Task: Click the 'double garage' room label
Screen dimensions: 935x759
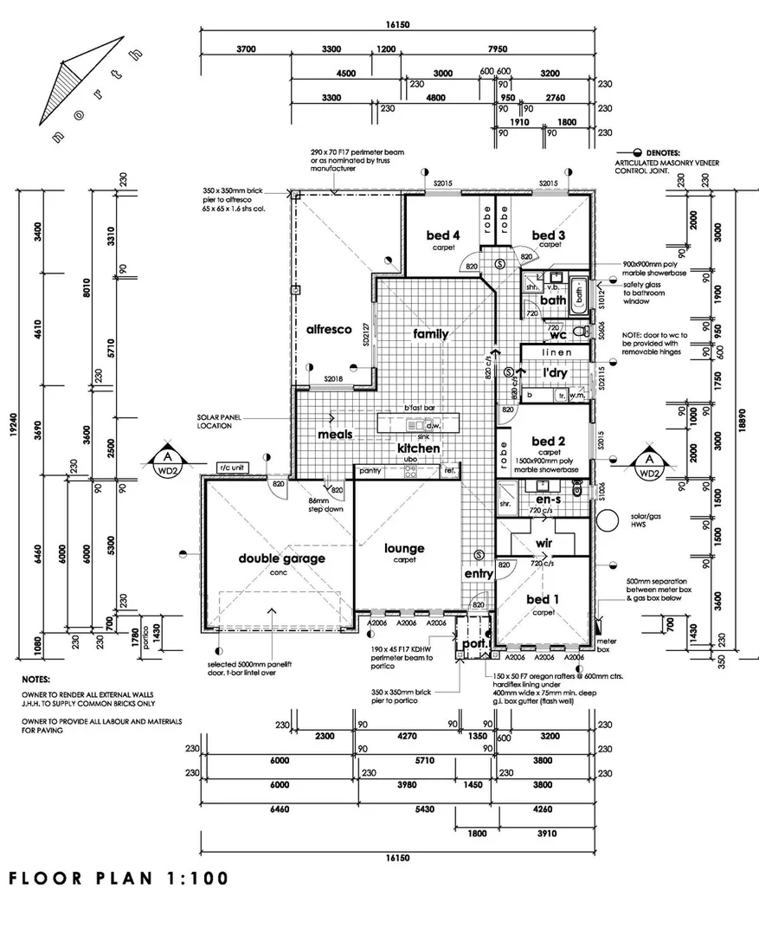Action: point(282,558)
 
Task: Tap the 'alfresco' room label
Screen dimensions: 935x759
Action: point(328,329)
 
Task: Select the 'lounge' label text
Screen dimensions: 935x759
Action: point(404,548)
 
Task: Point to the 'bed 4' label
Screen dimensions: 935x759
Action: point(442,235)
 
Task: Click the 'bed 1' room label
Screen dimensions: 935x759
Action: point(543,599)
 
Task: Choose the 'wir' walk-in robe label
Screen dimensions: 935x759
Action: point(544,543)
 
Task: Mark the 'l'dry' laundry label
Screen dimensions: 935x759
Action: point(554,373)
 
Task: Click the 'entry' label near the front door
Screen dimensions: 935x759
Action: point(479,573)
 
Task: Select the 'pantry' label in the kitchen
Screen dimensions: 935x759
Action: point(370,471)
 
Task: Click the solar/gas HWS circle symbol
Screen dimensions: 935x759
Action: point(609,520)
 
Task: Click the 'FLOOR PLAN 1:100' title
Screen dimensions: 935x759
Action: point(119,878)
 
